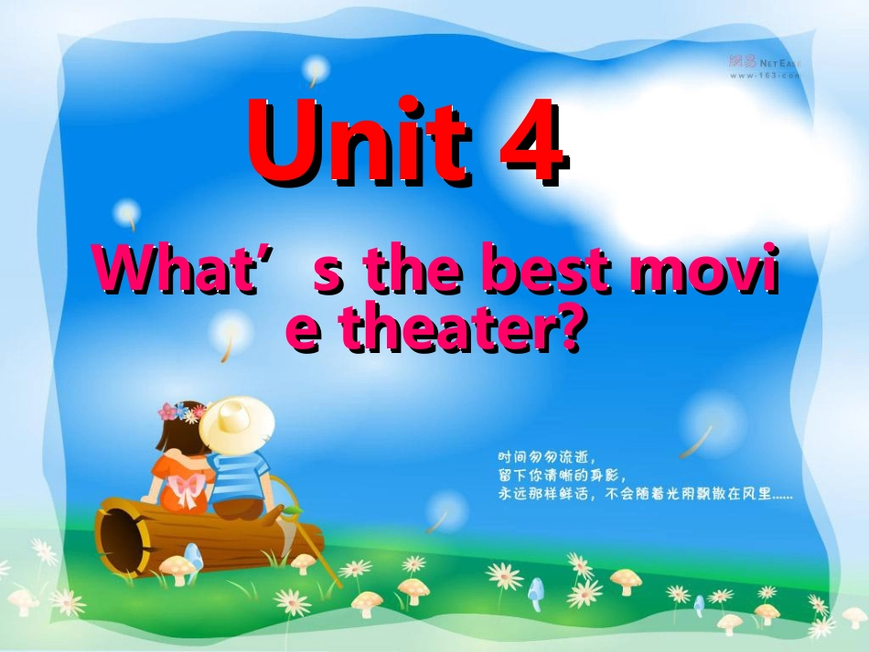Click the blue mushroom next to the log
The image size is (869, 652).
(193, 554)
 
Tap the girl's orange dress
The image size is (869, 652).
(178, 480)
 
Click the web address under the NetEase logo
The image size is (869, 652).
(764, 76)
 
